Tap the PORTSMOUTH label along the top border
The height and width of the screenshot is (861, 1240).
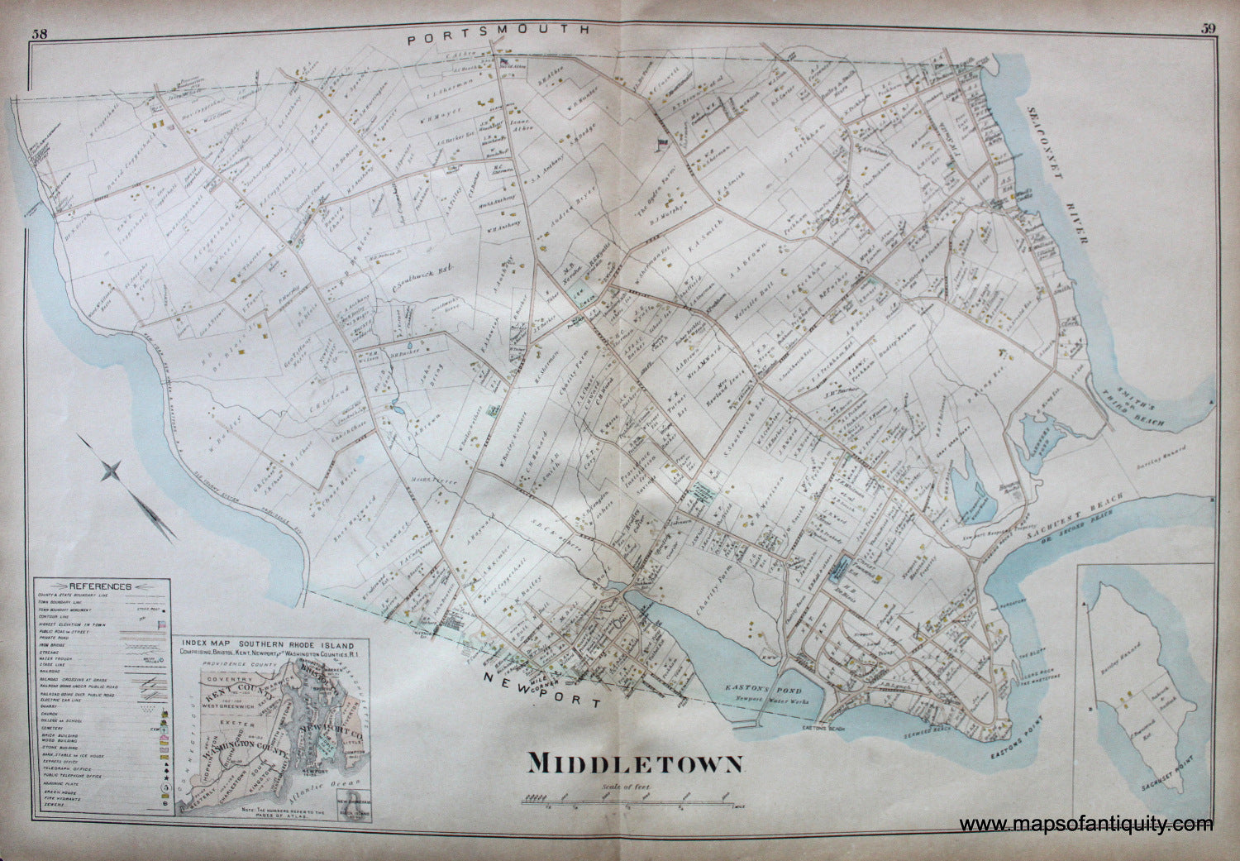point(499,28)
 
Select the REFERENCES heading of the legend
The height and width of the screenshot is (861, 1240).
point(100,585)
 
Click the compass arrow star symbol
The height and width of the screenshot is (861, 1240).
point(112,472)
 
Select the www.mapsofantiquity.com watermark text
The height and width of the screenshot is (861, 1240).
point(1086,824)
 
